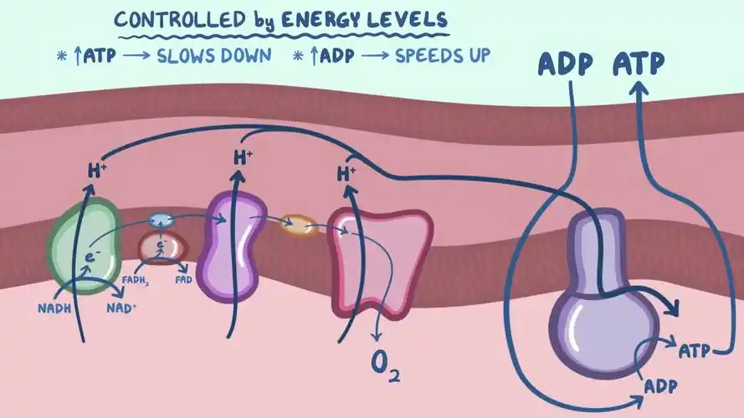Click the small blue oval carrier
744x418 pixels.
160,220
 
